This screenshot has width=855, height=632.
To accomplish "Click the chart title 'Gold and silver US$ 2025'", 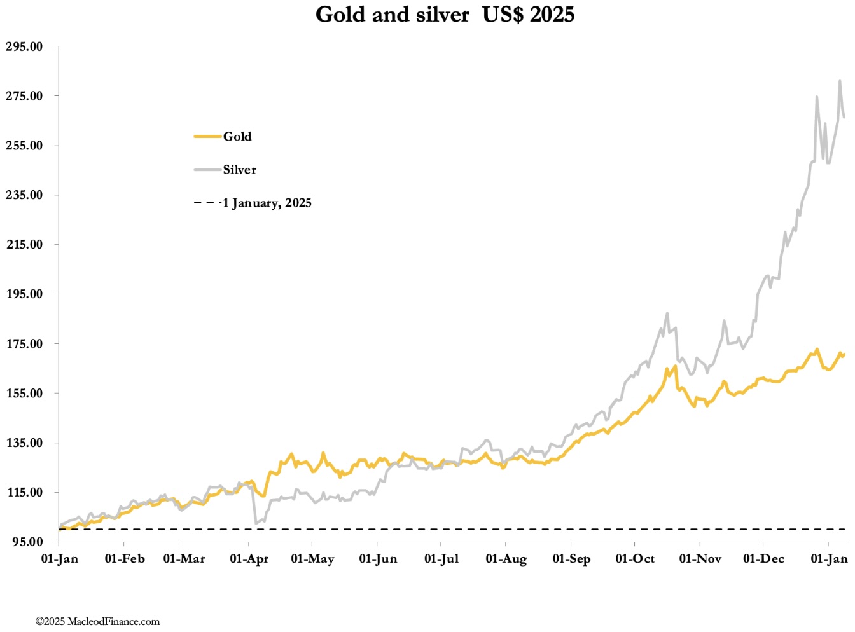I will tap(445, 14).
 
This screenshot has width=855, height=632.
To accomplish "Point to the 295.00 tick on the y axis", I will tap(24, 46).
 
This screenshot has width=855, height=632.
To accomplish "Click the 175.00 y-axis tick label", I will tap(24, 344).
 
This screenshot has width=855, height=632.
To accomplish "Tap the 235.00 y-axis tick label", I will tap(24, 195).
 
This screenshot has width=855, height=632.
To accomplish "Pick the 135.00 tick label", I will tap(24, 443).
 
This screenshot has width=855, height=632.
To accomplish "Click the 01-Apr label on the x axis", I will tap(249, 559).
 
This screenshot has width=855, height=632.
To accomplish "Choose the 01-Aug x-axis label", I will tap(506, 559).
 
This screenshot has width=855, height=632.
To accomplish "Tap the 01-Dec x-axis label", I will tap(763, 559).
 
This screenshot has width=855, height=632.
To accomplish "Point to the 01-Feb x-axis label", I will tap(125, 559).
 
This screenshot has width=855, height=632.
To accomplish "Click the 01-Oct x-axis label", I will tap(635, 559).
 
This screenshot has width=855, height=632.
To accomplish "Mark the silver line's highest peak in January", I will tap(840, 81).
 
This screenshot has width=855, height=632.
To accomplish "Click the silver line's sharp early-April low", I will tap(256, 523).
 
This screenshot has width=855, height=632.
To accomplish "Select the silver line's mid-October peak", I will tap(667, 313).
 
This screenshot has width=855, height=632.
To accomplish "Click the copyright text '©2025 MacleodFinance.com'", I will tap(97, 621).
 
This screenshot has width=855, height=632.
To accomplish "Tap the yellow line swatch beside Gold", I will tap(207, 136).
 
